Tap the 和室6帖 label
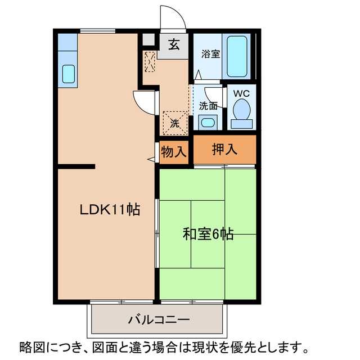pyautogui.click(x=208, y=233)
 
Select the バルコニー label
pyautogui.click(x=158, y=320)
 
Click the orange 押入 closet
pyautogui.click(x=224, y=150)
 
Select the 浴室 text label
pyautogui.click(x=211, y=55)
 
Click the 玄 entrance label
pyautogui.click(x=175, y=45)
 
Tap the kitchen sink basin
pyautogui.click(x=67, y=73)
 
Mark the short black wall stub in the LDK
pyautogui.click(x=75, y=166)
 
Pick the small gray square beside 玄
pyautogui.click(x=148, y=39)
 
